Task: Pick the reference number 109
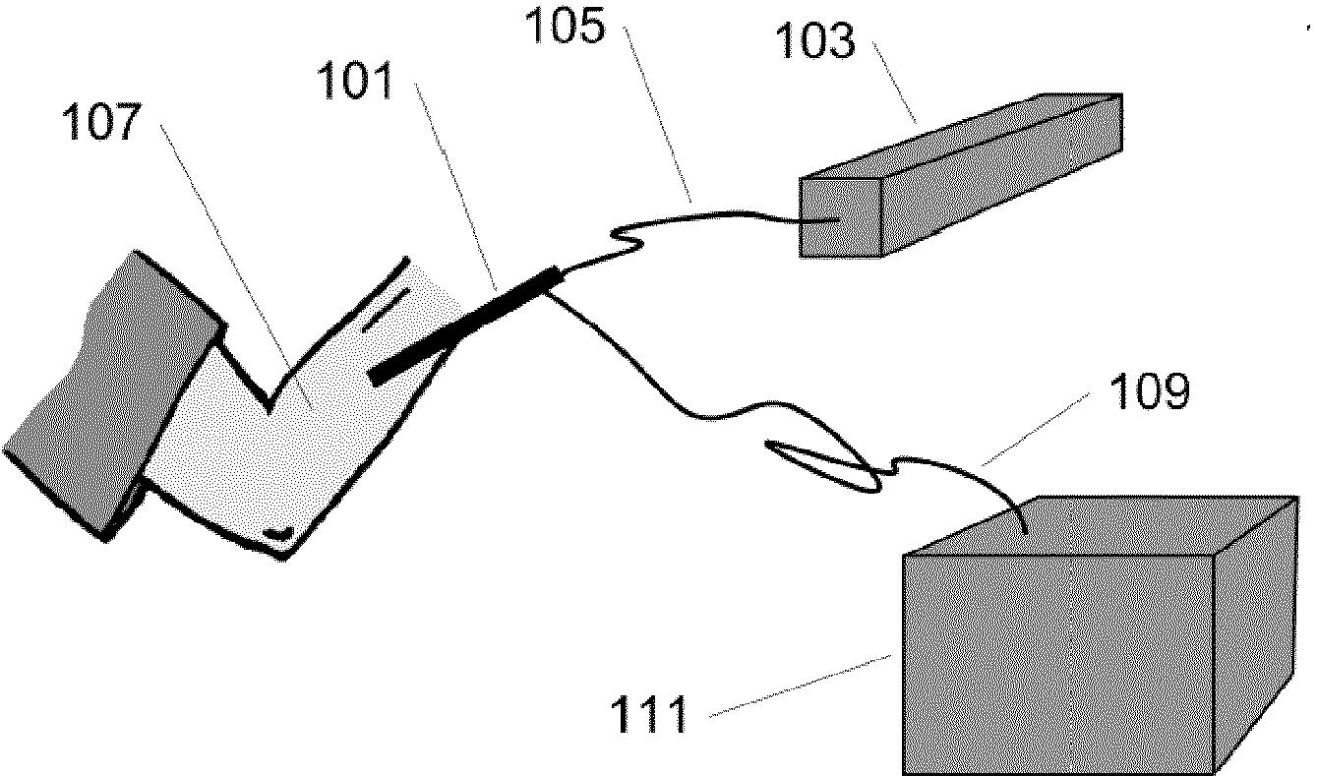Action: pos(1148,391)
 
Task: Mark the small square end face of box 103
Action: pos(840,217)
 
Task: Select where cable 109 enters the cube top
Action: pos(1026,532)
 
